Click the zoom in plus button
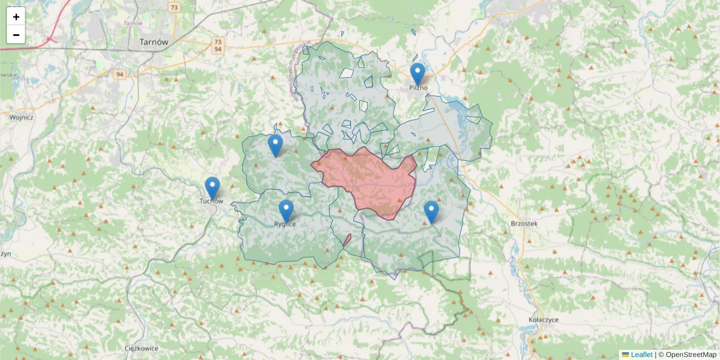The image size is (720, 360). [x=16, y=17]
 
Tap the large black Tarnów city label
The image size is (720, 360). [x=154, y=42]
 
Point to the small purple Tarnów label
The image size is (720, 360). [x=133, y=23]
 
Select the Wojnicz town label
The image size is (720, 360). [x=21, y=118]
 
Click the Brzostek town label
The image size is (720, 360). [x=524, y=223]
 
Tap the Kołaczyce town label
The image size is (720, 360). [x=544, y=320]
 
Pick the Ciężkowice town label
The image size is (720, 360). [x=141, y=348]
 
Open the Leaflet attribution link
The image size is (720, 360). [x=641, y=355]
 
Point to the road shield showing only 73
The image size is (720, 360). [x=174, y=8]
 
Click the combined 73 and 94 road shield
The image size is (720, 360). [x=218, y=46]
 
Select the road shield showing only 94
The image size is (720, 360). [x=121, y=74]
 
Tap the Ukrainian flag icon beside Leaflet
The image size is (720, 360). [x=625, y=355]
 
